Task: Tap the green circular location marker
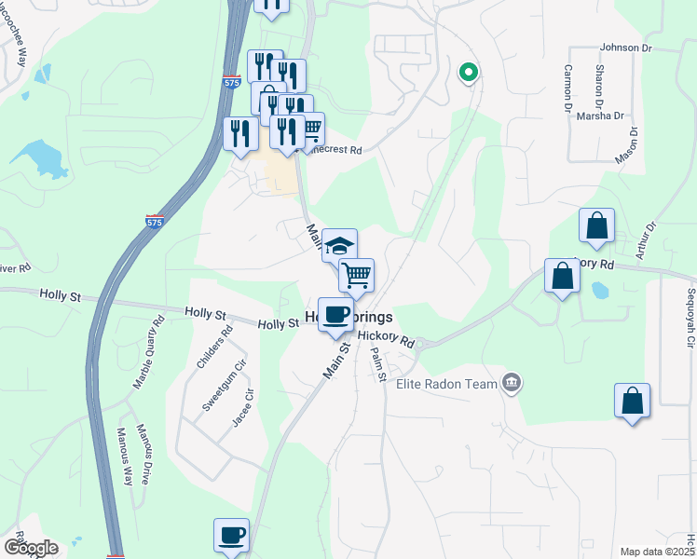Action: click(x=469, y=71)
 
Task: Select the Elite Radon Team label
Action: click(x=445, y=383)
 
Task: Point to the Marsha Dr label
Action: click(x=600, y=116)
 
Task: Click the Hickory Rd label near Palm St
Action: click(x=385, y=339)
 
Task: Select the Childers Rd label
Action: click(x=214, y=347)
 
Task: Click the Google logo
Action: click(x=30, y=548)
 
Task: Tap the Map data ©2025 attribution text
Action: click(x=657, y=552)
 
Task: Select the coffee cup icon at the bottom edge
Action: click(x=231, y=535)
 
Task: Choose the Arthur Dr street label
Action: click(x=644, y=239)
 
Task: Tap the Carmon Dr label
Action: click(x=567, y=89)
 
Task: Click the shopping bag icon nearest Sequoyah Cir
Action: click(x=632, y=401)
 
